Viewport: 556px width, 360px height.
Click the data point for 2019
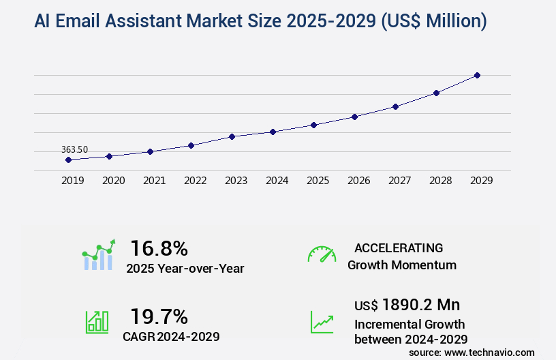68,160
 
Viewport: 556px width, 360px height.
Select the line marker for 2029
477,75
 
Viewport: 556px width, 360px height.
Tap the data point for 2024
273,132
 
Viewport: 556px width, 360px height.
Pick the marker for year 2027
395,106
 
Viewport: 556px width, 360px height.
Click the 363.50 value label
74,149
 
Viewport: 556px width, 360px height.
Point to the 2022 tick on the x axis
195,181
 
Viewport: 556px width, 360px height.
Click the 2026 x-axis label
358,181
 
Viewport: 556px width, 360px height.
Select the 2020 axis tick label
113,181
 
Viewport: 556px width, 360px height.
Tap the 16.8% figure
159,247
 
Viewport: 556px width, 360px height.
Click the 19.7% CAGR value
159,316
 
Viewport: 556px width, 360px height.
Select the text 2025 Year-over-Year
185,269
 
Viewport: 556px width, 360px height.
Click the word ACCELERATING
399,248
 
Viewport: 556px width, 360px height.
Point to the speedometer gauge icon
322,254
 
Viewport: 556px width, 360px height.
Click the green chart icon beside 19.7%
97,322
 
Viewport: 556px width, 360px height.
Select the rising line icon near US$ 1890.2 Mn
322,322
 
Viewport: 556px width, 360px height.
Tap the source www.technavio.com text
472,352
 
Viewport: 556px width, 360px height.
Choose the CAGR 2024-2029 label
171,336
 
